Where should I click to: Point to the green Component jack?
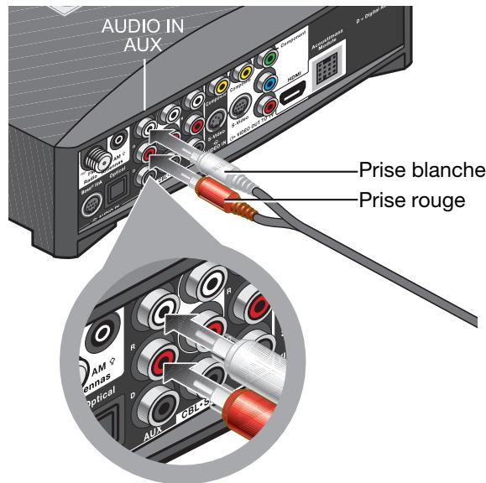[269, 60]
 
